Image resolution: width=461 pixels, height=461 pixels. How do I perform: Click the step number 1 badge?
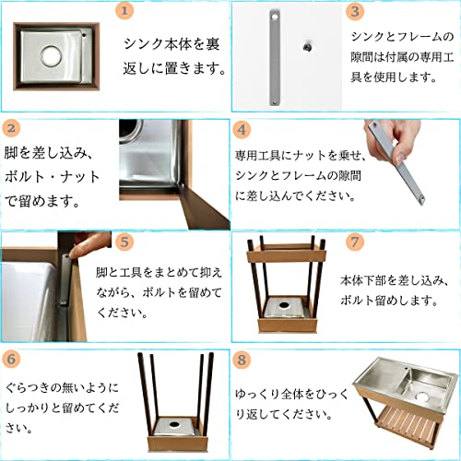click(124, 11)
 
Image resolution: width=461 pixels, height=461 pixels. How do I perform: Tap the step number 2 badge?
click(11, 128)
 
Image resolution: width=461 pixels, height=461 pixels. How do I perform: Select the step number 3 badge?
click(355, 11)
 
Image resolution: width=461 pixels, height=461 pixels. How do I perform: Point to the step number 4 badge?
click(242, 130)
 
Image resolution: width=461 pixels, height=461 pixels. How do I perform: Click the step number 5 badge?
click(124, 242)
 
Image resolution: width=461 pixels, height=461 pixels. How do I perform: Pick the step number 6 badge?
click(11, 359)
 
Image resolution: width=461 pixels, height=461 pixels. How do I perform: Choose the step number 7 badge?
click(355, 242)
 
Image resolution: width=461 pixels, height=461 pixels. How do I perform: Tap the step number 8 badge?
click(242, 360)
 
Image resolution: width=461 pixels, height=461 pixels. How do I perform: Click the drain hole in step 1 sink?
click(52, 56)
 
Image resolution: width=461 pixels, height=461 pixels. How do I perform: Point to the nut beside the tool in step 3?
click(306, 47)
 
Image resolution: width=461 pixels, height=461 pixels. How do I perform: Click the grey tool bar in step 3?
click(275, 57)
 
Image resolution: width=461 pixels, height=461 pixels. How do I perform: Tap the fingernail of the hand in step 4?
click(400, 159)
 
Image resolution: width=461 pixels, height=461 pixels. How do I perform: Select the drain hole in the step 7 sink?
click(284, 305)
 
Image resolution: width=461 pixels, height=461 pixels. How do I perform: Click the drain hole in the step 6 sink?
click(174, 424)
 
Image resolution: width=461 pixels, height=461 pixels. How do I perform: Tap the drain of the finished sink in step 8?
click(422, 396)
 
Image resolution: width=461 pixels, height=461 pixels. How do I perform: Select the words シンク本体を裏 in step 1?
click(171, 44)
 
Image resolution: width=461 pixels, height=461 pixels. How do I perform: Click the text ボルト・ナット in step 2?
click(53, 177)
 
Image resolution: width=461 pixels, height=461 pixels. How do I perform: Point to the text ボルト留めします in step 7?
click(389, 301)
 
